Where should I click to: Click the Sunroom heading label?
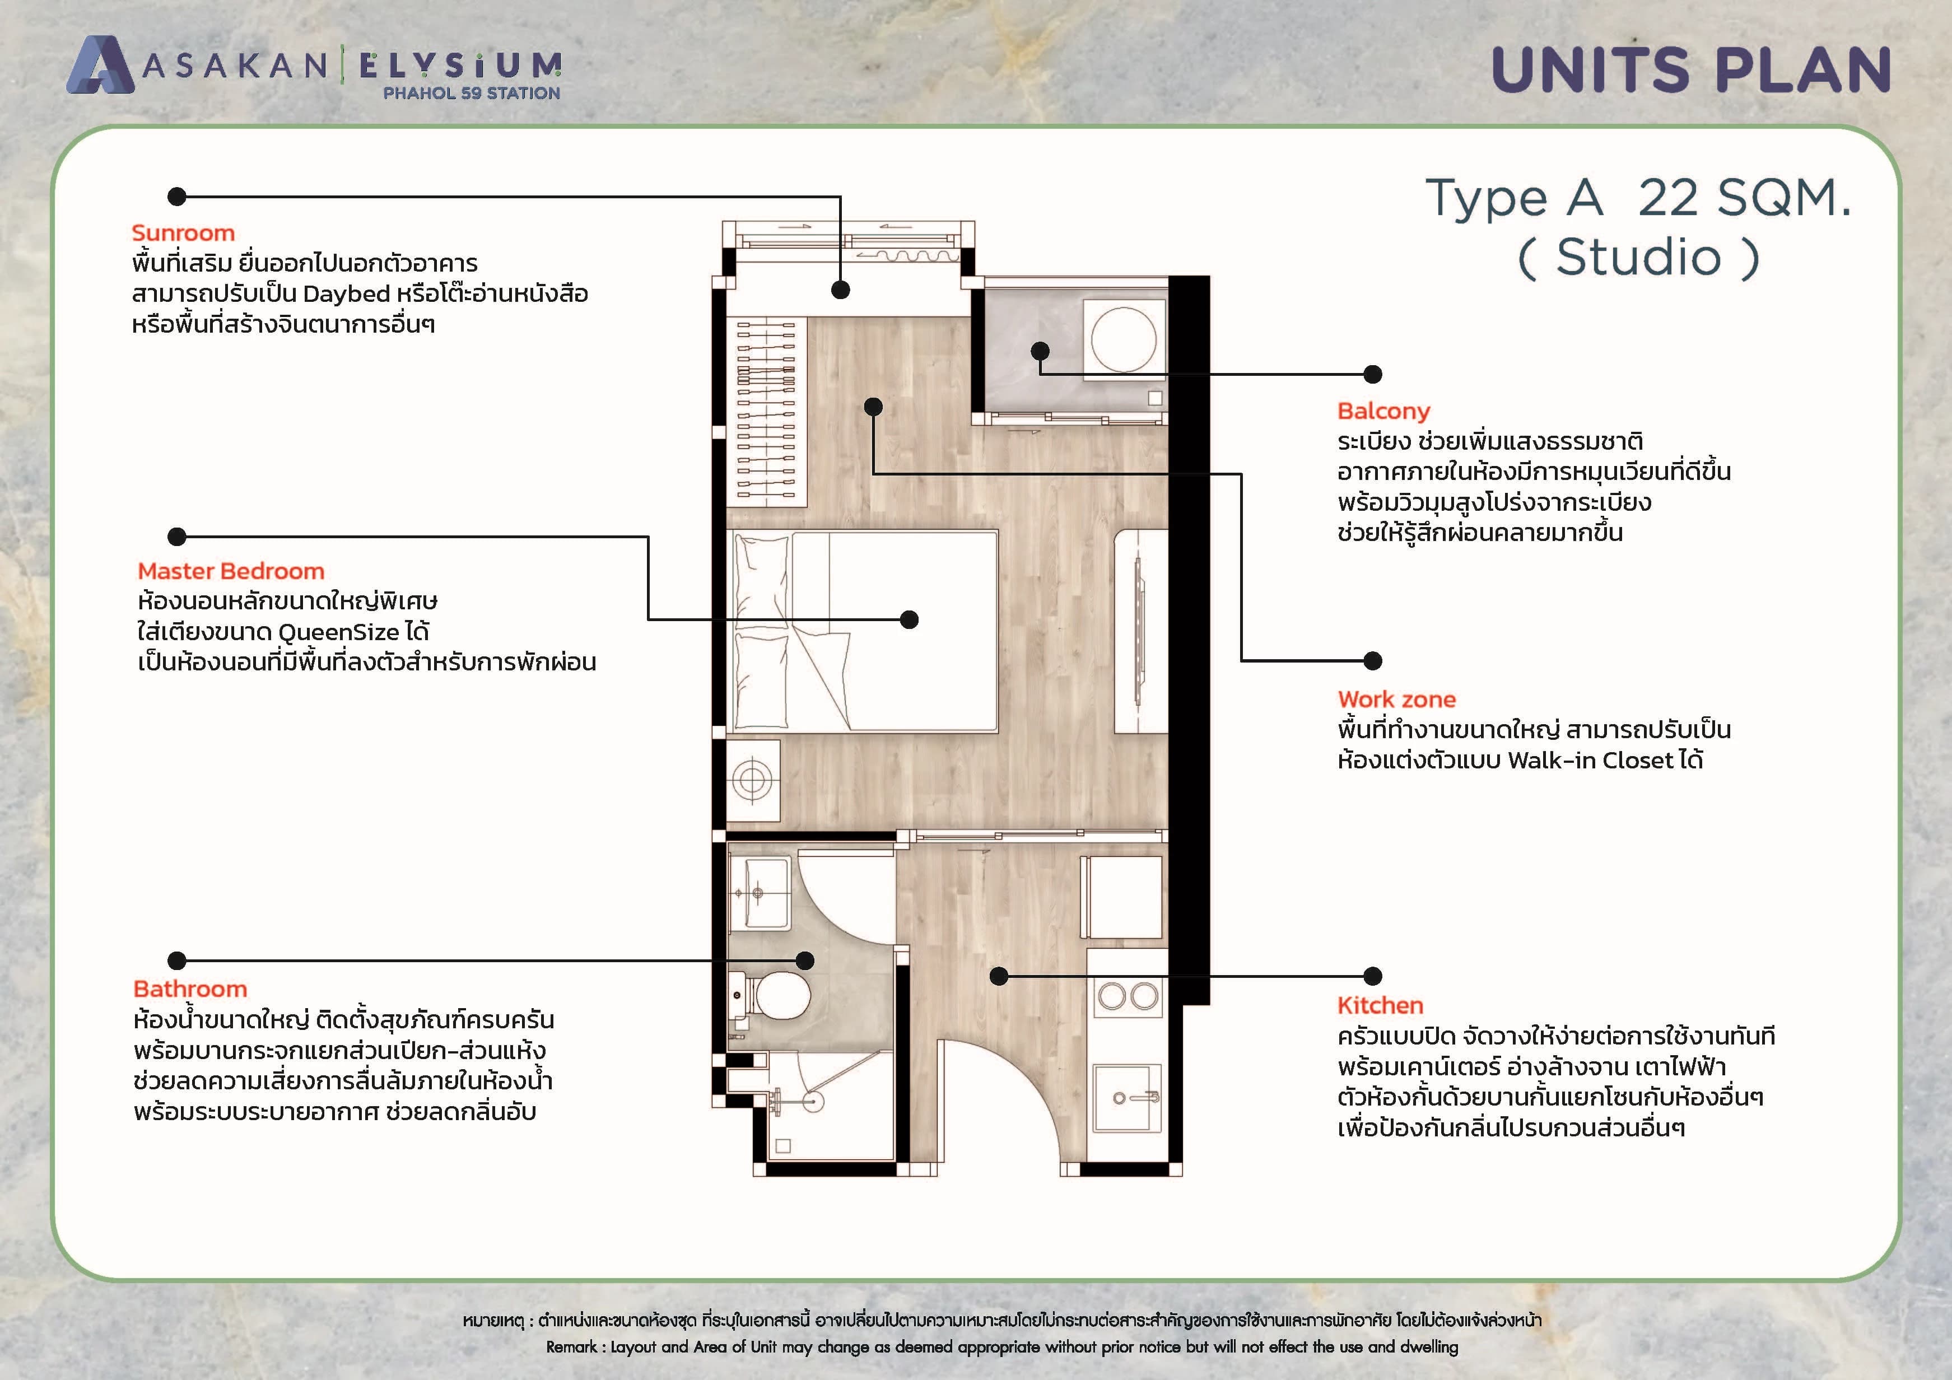[183, 233]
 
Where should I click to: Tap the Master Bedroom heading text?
[231, 571]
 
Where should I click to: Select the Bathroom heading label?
[190, 989]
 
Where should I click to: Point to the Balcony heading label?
[1384, 412]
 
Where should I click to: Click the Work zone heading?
[1397, 700]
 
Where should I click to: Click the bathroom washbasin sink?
[759, 893]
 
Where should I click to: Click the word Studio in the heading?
[1638, 258]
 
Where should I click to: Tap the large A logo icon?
[100, 64]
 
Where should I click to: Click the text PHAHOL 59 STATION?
[472, 92]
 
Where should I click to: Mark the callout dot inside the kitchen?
[999, 976]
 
